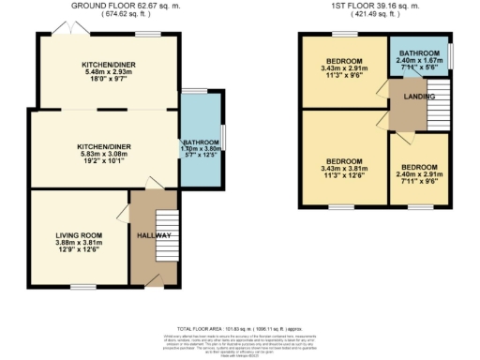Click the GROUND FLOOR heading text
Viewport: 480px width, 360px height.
[x=101, y=6]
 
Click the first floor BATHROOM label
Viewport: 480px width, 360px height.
[x=419, y=53]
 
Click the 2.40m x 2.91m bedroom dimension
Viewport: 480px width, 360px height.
[x=419, y=176]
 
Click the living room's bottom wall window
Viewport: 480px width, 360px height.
[x=81, y=285]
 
